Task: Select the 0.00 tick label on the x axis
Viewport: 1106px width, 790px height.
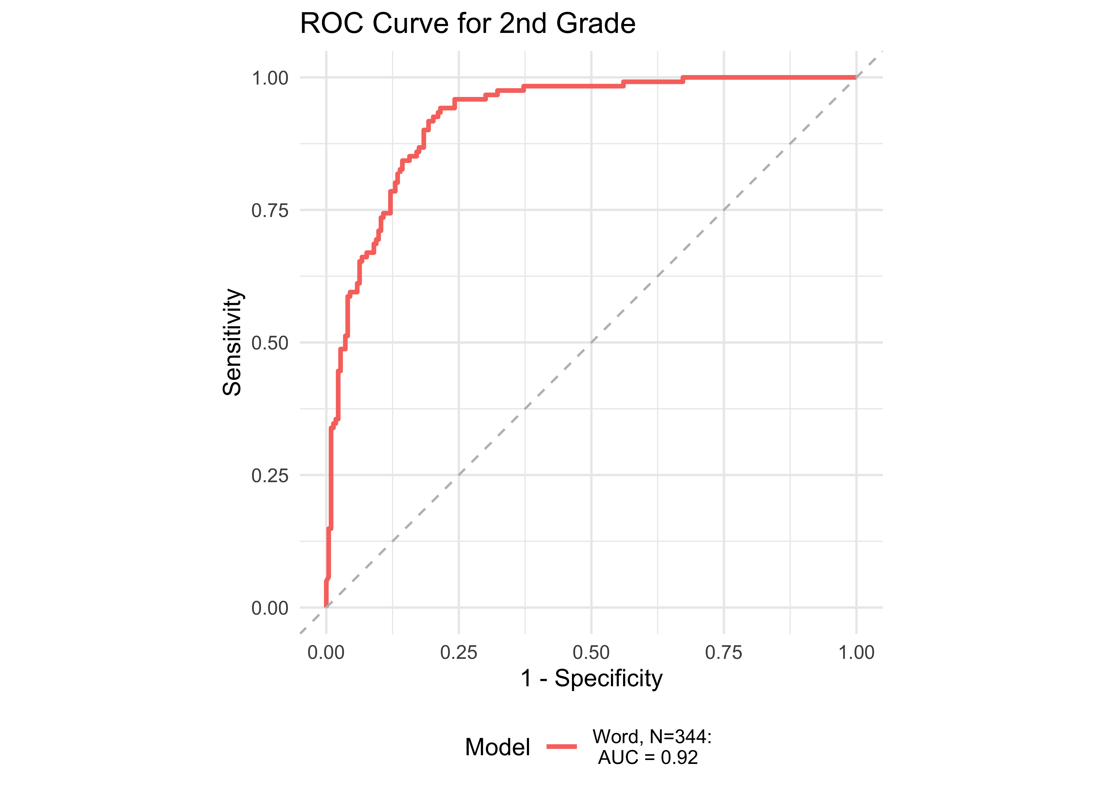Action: click(x=326, y=652)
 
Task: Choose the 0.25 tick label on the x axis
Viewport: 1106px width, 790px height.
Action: click(x=459, y=652)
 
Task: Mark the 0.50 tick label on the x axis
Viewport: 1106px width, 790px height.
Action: click(x=591, y=652)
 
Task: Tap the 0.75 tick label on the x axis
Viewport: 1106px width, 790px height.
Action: click(x=724, y=652)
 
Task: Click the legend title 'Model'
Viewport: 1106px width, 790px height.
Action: click(x=497, y=747)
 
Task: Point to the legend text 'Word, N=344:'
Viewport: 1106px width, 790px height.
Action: click(x=652, y=737)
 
